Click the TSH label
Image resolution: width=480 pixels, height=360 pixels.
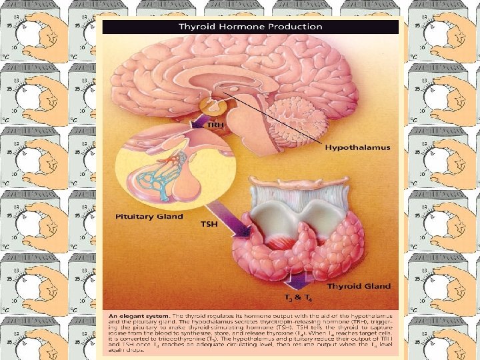[209, 225]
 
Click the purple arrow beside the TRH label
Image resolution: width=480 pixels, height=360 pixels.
[196, 124]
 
